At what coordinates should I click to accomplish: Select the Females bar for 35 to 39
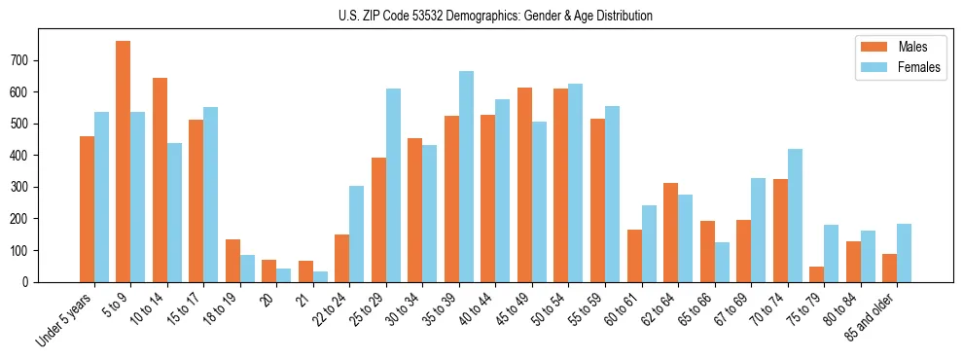coord(467,176)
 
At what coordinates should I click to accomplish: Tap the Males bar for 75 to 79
coord(817,274)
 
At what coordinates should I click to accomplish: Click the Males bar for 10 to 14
coord(160,180)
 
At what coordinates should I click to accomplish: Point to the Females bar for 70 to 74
coord(796,215)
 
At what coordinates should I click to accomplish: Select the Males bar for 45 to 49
coord(525,185)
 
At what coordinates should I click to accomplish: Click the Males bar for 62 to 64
coord(671,233)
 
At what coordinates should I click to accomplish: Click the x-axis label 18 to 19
coord(220,309)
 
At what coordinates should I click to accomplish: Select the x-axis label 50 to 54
coord(549,309)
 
